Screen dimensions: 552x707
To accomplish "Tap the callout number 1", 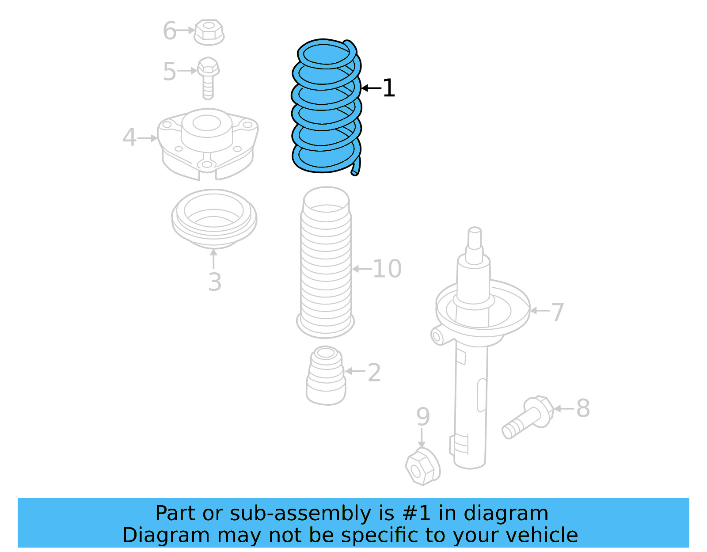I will click(x=388, y=88).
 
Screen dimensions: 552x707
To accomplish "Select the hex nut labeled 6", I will click(x=209, y=32).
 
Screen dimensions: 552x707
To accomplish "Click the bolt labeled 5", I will click(x=208, y=77).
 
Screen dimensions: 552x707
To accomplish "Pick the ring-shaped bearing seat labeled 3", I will click(x=214, y=219).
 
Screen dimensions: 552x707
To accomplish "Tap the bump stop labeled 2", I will click(x=326, y=376).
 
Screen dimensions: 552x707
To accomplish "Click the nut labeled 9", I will click(x=422, y=466).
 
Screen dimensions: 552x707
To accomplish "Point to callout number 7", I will click(x=558, y=312).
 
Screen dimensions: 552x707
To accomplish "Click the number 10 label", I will click(x=387, y=268).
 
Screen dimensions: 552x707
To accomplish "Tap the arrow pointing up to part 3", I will click(x=213, y=259).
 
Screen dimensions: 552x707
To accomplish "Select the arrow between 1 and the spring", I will click(x=371, y=88).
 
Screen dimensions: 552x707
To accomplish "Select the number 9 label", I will click(x=423, y=416).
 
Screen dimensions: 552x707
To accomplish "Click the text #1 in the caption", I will click(x=416, y=513).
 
